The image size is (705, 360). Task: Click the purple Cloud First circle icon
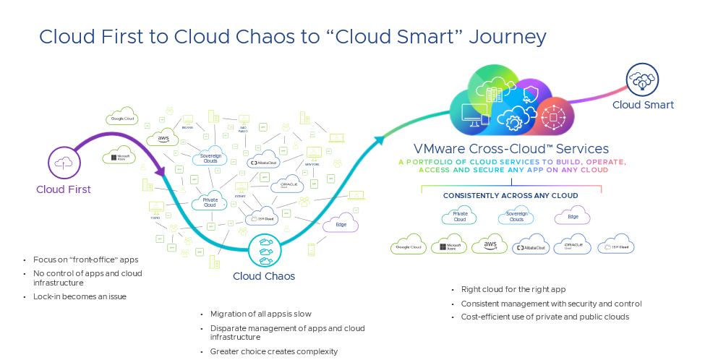click(64, 162)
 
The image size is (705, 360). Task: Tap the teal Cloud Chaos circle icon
click(265, 250)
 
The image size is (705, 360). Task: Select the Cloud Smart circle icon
click(642, 80)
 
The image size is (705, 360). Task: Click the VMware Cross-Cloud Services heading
click(510, 149)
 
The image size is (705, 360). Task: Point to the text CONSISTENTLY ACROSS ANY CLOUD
click(510, 195)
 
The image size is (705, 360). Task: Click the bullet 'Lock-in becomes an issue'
click(80, 296)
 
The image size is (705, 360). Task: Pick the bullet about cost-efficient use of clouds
click(544, 317)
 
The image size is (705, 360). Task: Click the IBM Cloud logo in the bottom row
click(616, 246)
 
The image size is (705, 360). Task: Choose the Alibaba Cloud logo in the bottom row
click(531, 246)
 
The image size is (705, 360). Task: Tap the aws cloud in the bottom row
click(490, 245)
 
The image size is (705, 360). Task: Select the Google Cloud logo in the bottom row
click(408, 246)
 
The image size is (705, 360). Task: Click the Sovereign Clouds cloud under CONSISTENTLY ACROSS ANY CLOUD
click(516, 215)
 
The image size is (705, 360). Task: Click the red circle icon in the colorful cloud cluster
click(555, 116)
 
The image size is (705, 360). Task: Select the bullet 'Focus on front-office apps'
click(85, 260)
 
